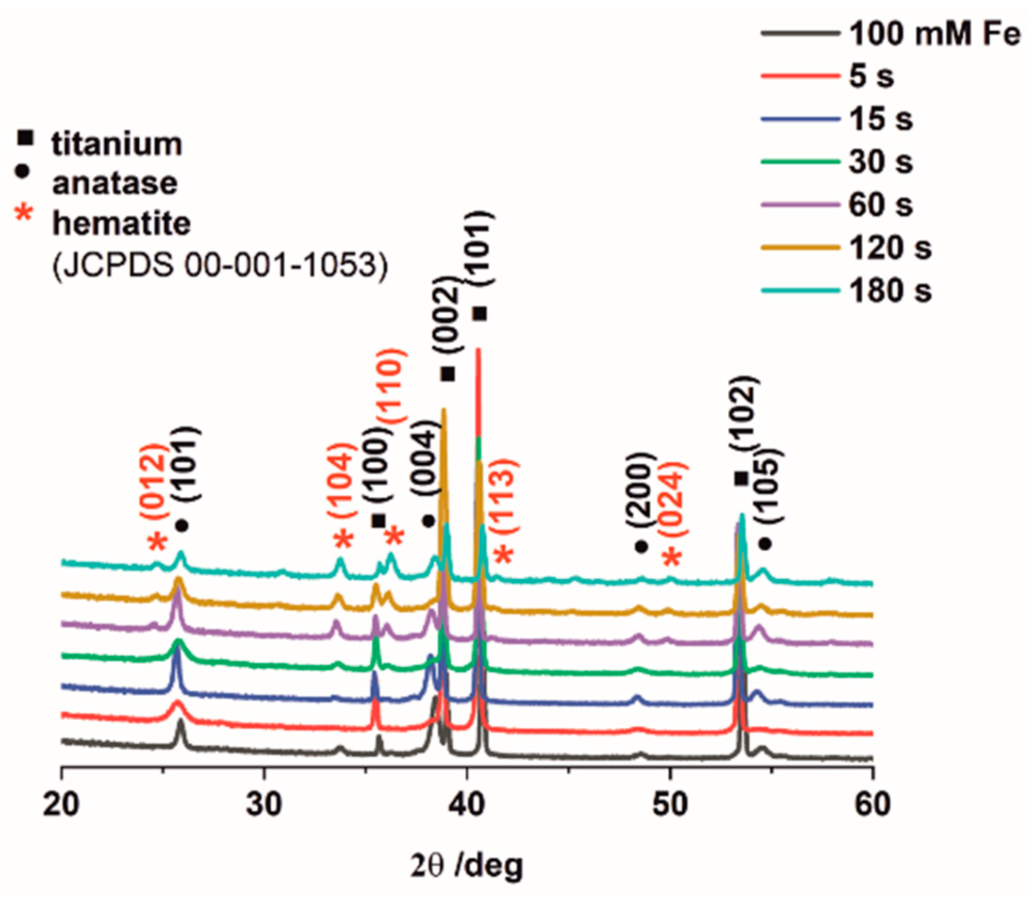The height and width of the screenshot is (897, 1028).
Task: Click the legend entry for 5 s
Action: (x=872, y=76)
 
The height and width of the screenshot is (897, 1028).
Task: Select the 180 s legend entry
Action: (x=890, y=290)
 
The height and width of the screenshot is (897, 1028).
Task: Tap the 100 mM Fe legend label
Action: (x=934, y=34)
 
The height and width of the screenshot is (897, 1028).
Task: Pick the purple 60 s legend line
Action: (x=800, y=204)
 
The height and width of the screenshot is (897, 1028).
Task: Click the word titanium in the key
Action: (x=117, y=144)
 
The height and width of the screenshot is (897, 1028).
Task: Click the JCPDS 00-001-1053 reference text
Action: (x=220, y=265)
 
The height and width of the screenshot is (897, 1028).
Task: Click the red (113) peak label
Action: (x=504, y=495)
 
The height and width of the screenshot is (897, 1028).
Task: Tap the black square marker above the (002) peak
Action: (x=448, y=374)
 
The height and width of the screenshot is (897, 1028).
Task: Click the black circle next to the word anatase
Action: (x=22, y=171)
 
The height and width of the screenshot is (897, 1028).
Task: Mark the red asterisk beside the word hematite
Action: (x=24, y=213)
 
